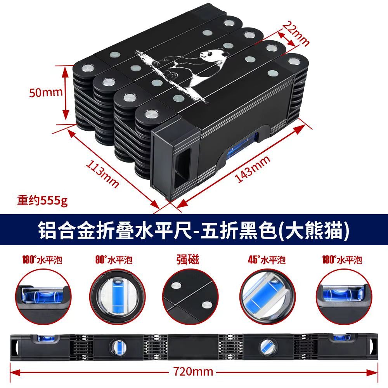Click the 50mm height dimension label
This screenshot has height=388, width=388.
click(46, 92)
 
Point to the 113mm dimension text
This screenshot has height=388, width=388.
click(102, 173)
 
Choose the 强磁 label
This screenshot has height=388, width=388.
click(187, 260)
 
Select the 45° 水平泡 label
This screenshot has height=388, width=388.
click(267, 260)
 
